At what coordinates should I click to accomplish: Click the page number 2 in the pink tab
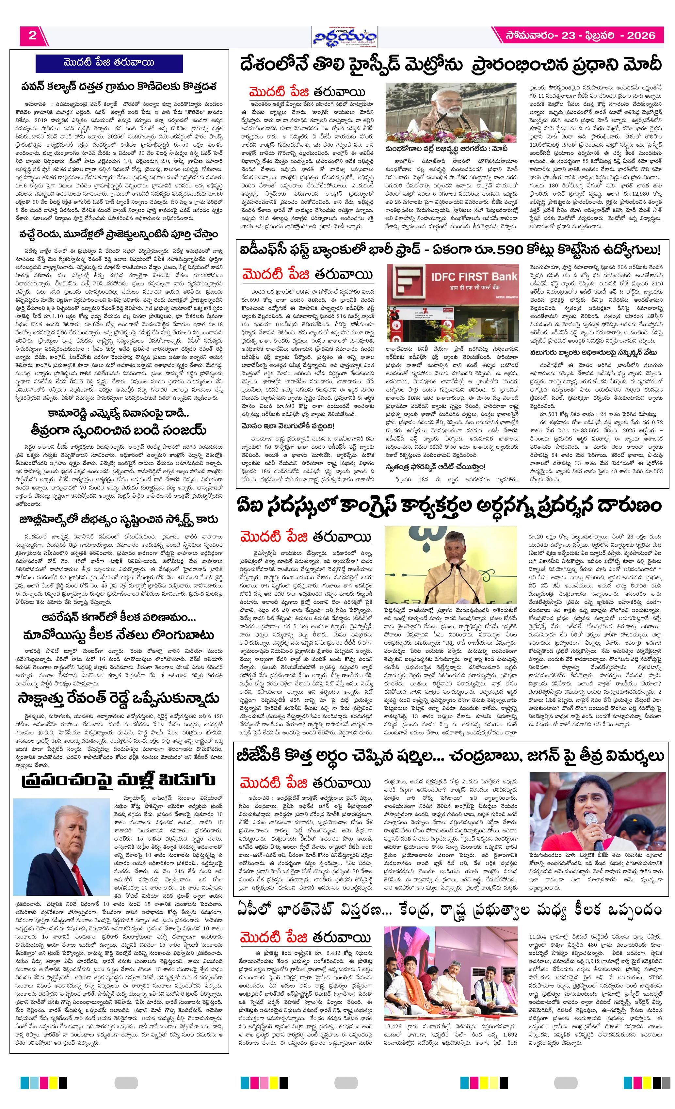click(32, 36)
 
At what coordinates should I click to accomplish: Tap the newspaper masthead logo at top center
click(345, 37)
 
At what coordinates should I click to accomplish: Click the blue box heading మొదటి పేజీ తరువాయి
click(109, 63)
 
